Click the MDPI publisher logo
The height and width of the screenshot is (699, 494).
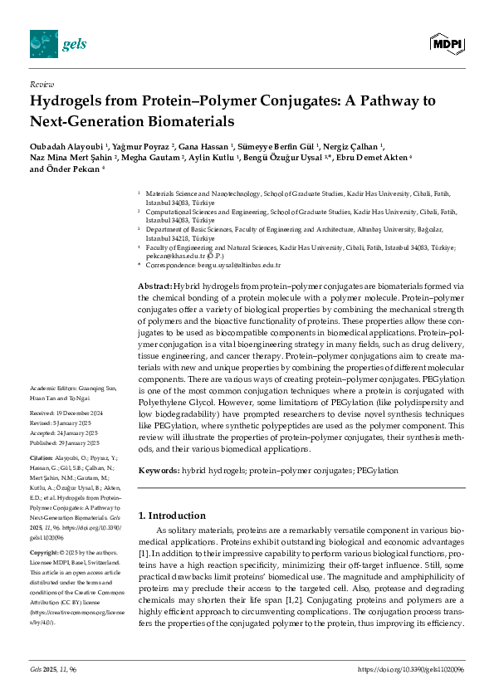446,42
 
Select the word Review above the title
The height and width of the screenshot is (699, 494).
42,85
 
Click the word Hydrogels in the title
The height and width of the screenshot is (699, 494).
69,103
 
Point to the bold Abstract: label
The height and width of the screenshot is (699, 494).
155,286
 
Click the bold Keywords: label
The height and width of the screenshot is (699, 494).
159,471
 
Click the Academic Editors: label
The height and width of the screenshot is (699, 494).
53,389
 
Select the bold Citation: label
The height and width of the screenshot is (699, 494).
42,457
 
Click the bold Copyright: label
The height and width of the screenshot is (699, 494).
45,551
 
